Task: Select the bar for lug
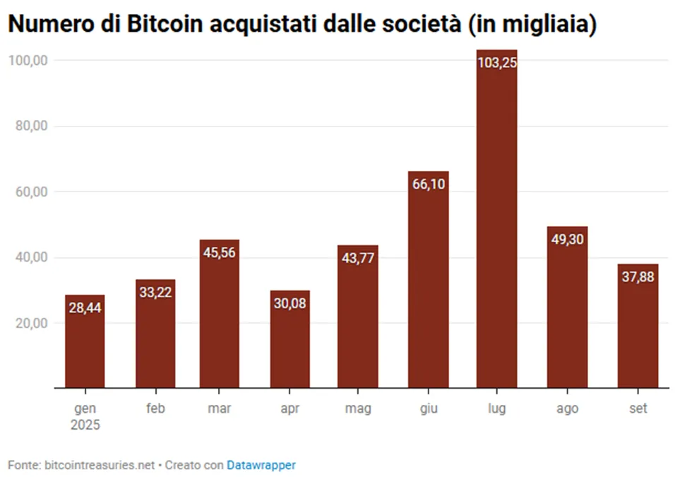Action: [x=497, y=219]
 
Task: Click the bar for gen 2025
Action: [x=85, y=341]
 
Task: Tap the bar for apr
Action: [x=289, y=339]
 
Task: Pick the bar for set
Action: [x=638, y=326]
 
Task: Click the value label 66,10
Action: [x=429, y=184]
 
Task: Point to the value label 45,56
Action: [x=219, y=252]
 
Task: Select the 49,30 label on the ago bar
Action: [x=568, y=239]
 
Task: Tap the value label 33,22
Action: [x=155, y=292]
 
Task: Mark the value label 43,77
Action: [x=358, y=258]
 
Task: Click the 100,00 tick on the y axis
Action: [x=28, y=60]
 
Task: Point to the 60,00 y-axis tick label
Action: [x=32, y=192]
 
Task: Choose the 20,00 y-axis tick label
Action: [x=32, y=323]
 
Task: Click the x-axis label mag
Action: [x=358, y=408]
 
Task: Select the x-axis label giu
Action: [x=429, y=408]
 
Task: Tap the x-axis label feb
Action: [x=155, y=408]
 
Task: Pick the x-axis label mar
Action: [x=219, y=408]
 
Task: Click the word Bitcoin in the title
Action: [x=165, y=24]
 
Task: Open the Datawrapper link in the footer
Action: [x=261, y=466]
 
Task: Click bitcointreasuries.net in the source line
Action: [x=100, y=466]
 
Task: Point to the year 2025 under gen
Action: [x=85, y=425]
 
